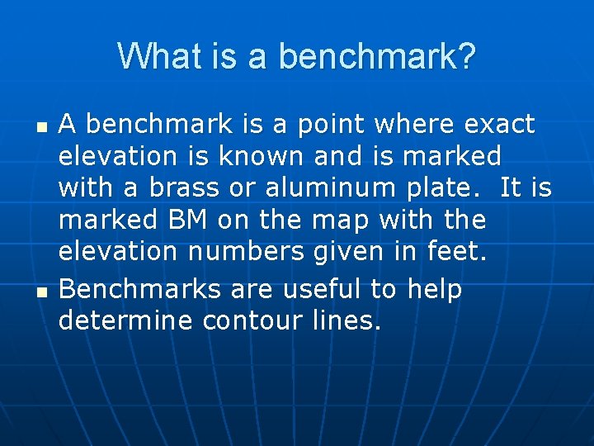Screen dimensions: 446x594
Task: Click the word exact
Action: pos(499,125)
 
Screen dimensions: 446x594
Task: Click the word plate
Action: pos(446,188)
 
